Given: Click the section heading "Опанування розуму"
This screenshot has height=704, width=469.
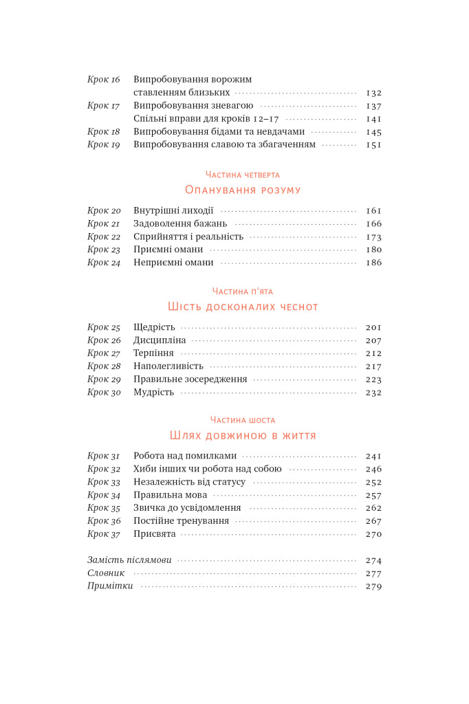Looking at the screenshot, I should pyautogui.click(x=243, y=190).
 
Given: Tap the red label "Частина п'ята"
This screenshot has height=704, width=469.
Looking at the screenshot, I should pyautogui.click(x=243, y=291).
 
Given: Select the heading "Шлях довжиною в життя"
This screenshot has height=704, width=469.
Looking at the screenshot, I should pyautogui.click(x=243, y=436).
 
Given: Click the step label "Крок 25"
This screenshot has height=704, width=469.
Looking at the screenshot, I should pyautogui.click(x=104, y=327).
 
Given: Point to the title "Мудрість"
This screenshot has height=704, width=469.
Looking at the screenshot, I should pyautogui.click(x=154, y=393).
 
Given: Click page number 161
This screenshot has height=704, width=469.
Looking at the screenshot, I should pyautogui.click(x=373, y=211).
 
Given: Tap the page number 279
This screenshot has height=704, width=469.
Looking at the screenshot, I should pyautogui.click(x=373, y=586).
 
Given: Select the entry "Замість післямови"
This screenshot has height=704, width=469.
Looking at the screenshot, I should pyautogui.click(x=129, y=560).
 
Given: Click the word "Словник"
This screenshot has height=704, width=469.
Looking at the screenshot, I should pyautogui.click(x=106, y=573).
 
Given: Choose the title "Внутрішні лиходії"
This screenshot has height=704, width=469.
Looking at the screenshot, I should pyautogui.click(x=173, y=211).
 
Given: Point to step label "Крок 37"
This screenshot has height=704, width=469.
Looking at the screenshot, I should pyautogui.click(x=104, y=534).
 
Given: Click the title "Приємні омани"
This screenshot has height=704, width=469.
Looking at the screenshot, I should pyautogui.click(x=168, y=250).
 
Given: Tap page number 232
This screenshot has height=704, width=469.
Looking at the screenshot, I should pyautogui.click(x=373, y=393).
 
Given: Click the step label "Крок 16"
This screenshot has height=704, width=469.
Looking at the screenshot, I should pyautogui.click(x=104, y=80).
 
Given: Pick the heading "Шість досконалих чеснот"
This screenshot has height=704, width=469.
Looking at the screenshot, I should pyautogui.click(x=243, y=307).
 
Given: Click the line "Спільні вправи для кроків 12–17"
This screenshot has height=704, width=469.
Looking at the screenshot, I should pyautogui.click(x=206, y=119).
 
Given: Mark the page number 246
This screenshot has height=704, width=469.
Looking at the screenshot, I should pyautogui.click(x=373, y=469).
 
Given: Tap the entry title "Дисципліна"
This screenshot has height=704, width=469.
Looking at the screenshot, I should pyautogui.click(x=160, y=340).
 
